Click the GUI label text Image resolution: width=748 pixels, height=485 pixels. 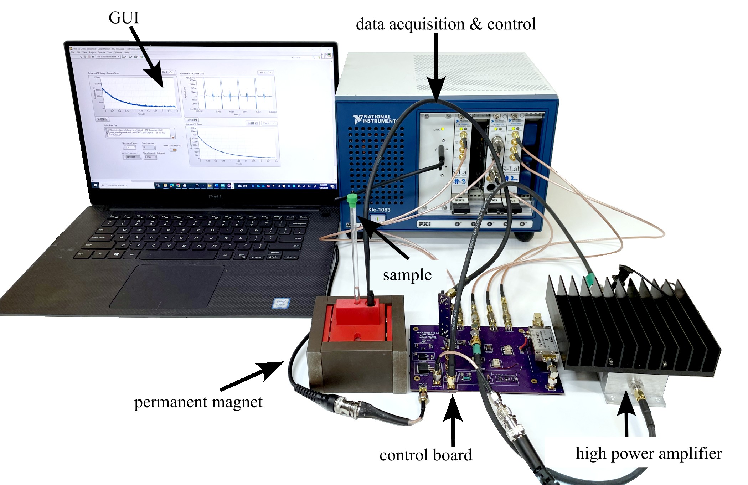(x=123, y=18)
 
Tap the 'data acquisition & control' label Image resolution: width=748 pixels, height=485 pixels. (x=445, y=24)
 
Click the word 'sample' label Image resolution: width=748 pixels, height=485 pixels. (x=407, y=275)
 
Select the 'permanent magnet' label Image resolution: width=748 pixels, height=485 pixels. (x=198, y=402)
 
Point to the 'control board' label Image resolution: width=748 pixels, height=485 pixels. (x=425, y=455)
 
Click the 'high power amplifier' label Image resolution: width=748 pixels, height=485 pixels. (x=649, y=454)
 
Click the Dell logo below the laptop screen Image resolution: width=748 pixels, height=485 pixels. (x=215, y=196)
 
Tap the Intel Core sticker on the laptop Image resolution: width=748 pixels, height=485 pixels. (x=281, y=303)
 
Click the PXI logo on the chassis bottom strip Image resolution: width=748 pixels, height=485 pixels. (x=424, y=224)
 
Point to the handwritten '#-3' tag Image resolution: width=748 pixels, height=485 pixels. (x=460, y=181)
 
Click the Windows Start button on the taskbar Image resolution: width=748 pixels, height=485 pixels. (x=96, y=185)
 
